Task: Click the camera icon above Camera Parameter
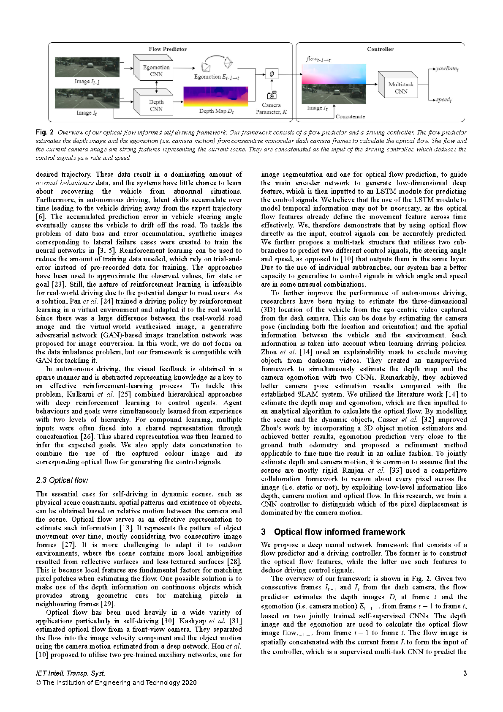[x=272, y=95]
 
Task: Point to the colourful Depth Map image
[x=215, y=96]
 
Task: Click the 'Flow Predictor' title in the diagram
[x=167, y=49]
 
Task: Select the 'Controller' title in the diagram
[x=380, y=49]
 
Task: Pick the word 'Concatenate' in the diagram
[x=350, y=117]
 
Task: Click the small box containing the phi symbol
[x=272, y=74]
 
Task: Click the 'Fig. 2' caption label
[x=45, y=132]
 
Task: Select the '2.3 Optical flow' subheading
[x=62, y=480]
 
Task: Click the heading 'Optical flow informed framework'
[x=339, y=532]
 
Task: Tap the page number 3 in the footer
[x=465, y=674]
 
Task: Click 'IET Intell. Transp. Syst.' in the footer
[x=71, y=674]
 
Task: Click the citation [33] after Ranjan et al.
[x=395, y=471]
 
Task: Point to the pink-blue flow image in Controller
[x=334, y=74]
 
